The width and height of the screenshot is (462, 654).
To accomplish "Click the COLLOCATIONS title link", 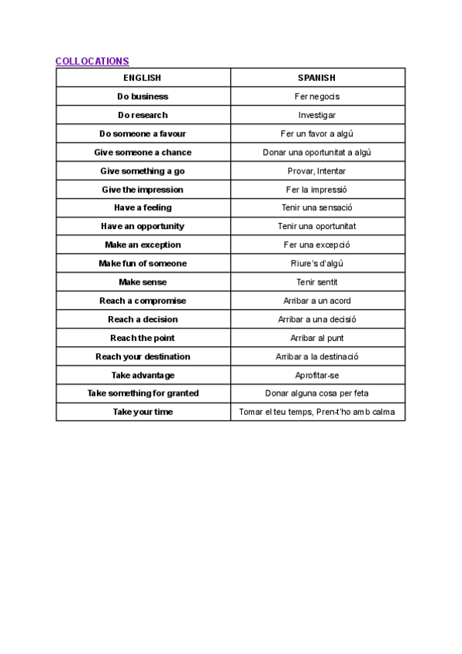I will click(x=92, y=61).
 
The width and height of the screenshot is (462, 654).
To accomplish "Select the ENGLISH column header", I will click(x=142, y=78).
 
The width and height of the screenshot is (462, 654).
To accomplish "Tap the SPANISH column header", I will click(x=316, y=78).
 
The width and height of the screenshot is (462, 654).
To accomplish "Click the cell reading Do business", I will click(x=142, y=96).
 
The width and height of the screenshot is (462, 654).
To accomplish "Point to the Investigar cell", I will click(x=316, y=115).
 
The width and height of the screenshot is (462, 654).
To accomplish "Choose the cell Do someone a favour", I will click(x=142, y=133).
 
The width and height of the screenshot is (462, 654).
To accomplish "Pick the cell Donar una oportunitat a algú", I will click(x=316, y=152).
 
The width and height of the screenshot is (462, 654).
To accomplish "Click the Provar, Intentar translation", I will click(x=316, y=170).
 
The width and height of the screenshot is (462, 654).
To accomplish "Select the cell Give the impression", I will click(x=142, y=189).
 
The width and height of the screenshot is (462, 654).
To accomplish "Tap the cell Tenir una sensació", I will click(x=316, y=207).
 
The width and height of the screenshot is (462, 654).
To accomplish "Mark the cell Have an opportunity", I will click(x=142, y=226).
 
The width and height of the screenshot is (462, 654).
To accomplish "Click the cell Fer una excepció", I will click(x=316, y=244).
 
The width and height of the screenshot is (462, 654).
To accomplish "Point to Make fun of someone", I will click(x=142, y=264).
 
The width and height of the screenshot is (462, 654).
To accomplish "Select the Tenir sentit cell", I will click(x=316, y=282).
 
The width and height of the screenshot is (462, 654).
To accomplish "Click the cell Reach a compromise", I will click(x=142, y=301).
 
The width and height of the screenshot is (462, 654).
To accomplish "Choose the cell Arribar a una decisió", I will click(x=316, y=319).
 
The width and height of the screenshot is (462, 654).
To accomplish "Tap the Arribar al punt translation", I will click(x=316, y=338).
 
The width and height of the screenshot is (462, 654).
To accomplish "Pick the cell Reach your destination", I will click(x=142, y=356).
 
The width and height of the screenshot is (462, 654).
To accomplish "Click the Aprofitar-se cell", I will click(x=316, y=375).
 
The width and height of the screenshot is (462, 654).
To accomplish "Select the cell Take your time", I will click(x=142, y=412).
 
